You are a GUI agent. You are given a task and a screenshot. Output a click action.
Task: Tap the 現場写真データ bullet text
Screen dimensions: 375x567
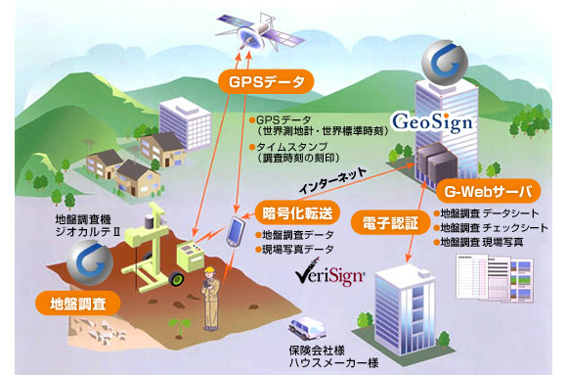(297, 251)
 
